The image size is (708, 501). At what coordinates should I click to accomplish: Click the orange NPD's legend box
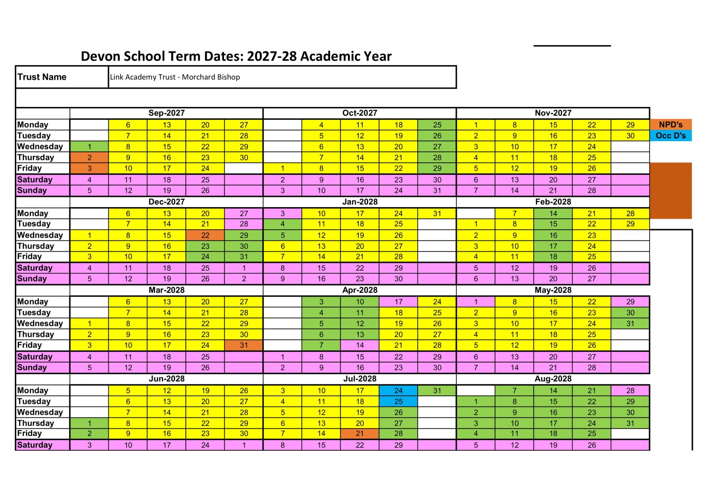click(671, 125)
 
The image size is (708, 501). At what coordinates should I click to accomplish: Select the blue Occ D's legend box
click(671, 136)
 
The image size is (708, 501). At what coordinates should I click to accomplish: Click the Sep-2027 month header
click(166, 113)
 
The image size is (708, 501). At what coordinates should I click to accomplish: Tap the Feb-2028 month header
click(553, 202)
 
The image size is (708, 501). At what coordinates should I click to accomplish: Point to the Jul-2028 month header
click(360, 379)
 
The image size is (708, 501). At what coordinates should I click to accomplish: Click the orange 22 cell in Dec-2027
click(205, 235)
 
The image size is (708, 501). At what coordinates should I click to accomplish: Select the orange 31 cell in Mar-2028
click(244, 345)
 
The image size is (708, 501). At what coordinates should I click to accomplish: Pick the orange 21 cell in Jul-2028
click(360, 434)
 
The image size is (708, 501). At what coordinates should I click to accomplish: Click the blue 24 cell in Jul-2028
click(398, 390)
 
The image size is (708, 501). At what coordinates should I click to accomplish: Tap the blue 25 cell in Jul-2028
click(398, 401)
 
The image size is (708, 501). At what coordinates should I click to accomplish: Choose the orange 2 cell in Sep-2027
click(89, 157)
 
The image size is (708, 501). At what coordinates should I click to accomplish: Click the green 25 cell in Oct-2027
click(437, 125)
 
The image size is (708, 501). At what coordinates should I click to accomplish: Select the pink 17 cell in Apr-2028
click(398, 302)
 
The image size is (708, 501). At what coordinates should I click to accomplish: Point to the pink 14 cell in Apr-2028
click(360, 345)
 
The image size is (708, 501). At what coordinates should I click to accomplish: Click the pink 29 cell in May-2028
click(630, 302)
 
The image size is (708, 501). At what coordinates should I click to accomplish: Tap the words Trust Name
click(42, 77)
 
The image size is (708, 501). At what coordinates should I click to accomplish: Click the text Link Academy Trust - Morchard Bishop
click(175, 77)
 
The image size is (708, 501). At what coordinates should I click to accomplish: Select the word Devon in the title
click(99, 56)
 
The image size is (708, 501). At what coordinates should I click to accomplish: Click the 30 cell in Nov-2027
click(630, 136)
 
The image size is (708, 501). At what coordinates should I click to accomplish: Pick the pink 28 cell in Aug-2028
click(630, 390)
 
